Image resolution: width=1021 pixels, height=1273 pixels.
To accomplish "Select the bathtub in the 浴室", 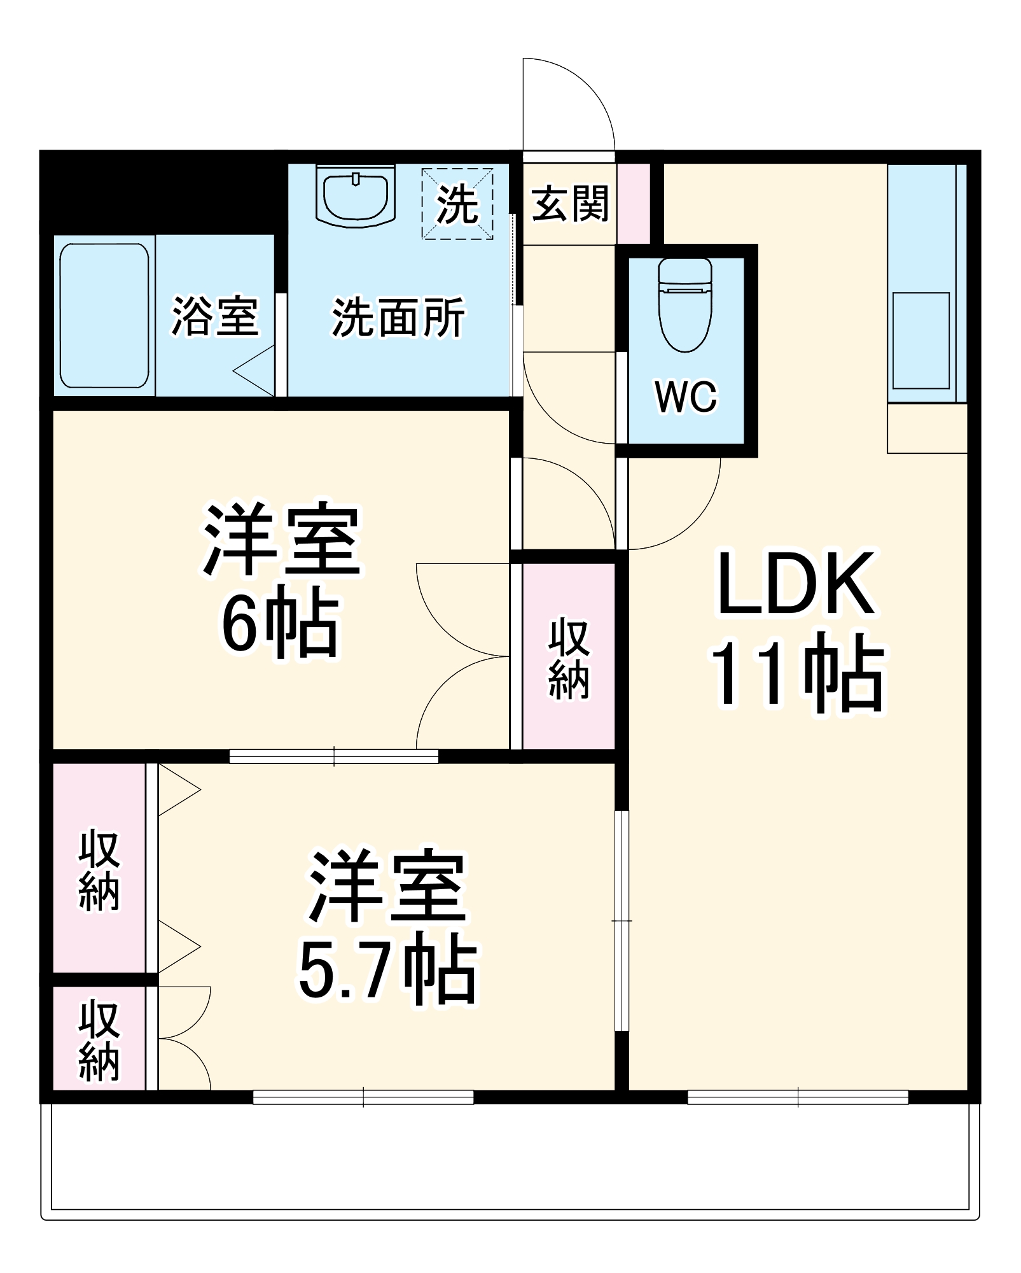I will click(x=104, y=316).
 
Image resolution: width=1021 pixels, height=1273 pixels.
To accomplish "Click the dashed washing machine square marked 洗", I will click(x=457, y=204).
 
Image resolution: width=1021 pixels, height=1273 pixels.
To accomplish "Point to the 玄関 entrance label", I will click(x=570, y=204).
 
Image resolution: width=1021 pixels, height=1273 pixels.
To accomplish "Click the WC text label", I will click(x=686, y=397).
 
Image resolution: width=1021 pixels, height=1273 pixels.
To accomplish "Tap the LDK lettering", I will click(x=796, y=583).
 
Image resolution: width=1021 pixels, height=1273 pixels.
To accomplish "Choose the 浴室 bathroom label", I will click(x=215, y=316).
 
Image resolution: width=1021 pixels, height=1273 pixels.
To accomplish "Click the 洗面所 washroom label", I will click(x=398, y=317).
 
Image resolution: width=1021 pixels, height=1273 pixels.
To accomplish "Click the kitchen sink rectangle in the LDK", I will click(x=920, y=341).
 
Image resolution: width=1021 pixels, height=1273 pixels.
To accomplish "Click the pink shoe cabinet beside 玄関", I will click(x=634, y=204).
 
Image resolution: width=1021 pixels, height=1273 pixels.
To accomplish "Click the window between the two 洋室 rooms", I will click(x=334, y=756).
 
